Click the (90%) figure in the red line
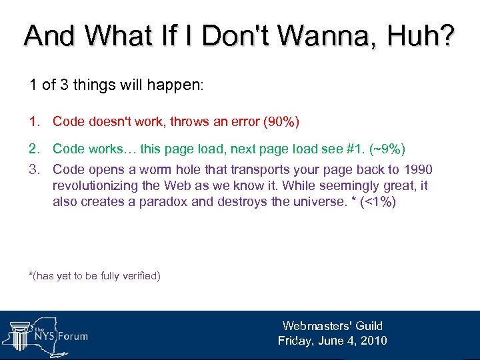coord(281,121)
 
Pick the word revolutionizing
coord(97,186)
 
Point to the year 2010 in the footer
coord(373,341)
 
